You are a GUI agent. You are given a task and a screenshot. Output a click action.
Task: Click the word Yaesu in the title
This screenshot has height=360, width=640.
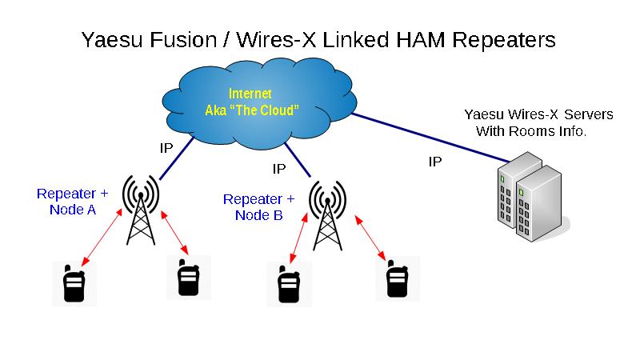[113, 40]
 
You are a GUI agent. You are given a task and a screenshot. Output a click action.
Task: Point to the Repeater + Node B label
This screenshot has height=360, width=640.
[258, 206]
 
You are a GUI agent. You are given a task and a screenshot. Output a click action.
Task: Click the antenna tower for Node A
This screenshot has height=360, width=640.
[140, 212]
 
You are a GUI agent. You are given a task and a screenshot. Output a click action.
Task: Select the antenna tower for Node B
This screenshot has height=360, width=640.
[326, 216]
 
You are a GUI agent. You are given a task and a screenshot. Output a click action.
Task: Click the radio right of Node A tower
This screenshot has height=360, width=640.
[189, 278]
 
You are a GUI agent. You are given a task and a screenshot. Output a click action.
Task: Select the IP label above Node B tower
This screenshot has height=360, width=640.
[279, 169]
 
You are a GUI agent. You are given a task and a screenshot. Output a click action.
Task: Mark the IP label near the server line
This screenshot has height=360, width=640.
[435, 162]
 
